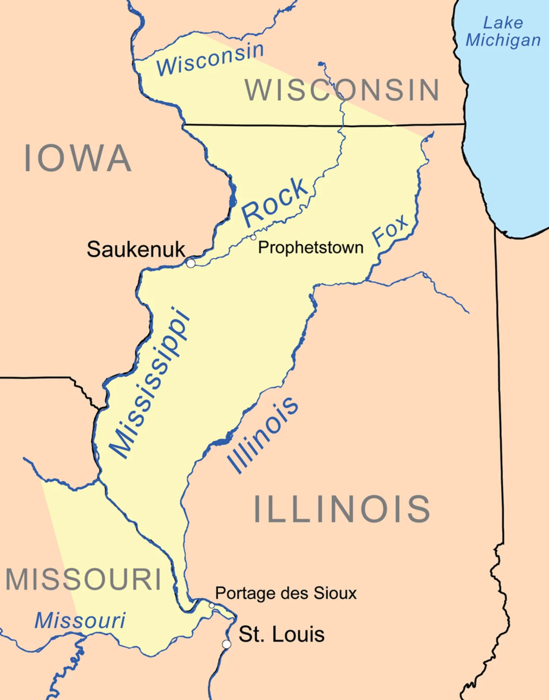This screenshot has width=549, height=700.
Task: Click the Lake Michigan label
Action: pos(503,32)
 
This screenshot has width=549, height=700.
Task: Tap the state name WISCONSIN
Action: pos(342,90)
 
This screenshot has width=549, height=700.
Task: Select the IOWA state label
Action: pos(77,158)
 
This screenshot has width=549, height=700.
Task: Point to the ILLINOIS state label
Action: pos(342,509)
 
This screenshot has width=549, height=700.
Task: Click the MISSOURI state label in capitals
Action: pos(83,580)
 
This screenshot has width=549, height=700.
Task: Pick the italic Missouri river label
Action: pos(80,620)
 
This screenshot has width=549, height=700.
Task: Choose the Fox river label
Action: pos(390,230)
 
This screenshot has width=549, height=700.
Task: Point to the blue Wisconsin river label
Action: pos(210,59)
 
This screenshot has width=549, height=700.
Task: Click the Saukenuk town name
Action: pos(136,250)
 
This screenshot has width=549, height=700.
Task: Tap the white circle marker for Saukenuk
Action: pos(191,263)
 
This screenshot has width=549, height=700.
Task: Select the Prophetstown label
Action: pos(311,248)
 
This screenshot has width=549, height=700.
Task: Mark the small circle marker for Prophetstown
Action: pos(253,237)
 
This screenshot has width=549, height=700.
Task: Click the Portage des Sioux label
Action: pos(285,593)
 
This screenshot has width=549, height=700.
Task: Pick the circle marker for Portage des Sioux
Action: pos(211,605)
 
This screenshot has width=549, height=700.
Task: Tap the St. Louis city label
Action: pos(281,635)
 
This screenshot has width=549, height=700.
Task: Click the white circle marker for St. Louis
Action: pos(226,644)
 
